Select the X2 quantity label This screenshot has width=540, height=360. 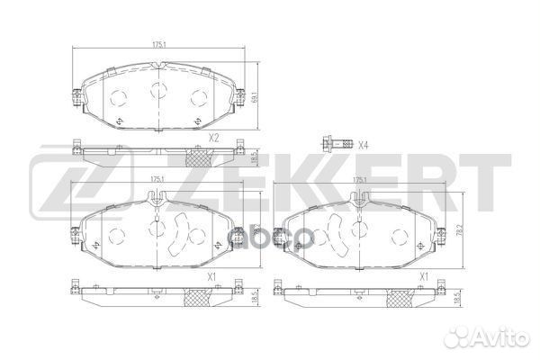click(213, 139)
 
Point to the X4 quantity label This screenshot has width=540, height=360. click(363, 145)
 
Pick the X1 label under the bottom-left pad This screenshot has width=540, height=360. click(212, 276)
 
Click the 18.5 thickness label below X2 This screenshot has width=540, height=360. click(256, 156)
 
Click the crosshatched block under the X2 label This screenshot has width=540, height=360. click(198, 157)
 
